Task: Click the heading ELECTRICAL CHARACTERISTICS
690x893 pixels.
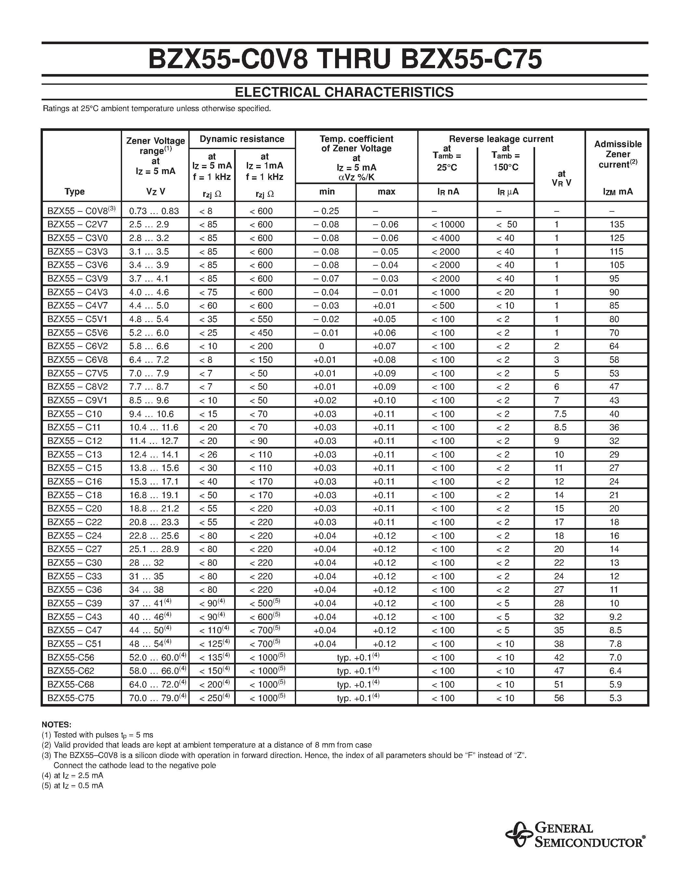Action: tap(344, 93)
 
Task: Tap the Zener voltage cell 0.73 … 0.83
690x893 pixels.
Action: tap(154, 211)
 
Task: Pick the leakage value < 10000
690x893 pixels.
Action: tap(448, 224)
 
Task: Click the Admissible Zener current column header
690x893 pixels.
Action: tap(618, 154)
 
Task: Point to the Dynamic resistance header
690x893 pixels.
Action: tap(242, 139)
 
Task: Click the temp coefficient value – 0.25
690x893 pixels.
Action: tap(326, 211)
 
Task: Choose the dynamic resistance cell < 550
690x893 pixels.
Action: tap(261, 319)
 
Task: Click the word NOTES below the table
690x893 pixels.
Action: tap(56, 724)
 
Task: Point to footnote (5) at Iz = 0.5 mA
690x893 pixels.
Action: tap(72, 786)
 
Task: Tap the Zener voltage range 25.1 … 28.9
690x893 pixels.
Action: tap(154, 549)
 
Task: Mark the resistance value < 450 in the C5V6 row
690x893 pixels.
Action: tap(261, 333)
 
